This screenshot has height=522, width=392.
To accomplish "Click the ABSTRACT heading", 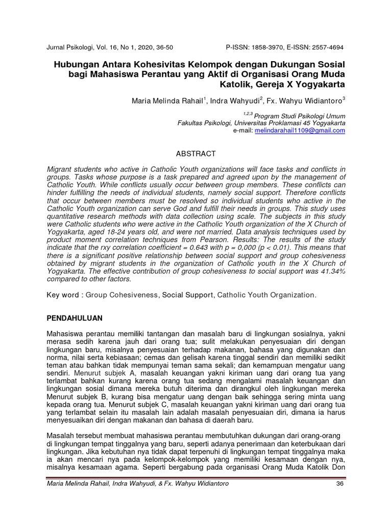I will click(196, 153).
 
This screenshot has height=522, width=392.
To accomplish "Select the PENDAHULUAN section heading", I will click(75, 318).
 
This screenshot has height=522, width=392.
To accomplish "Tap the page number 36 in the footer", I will click(340, 483).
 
